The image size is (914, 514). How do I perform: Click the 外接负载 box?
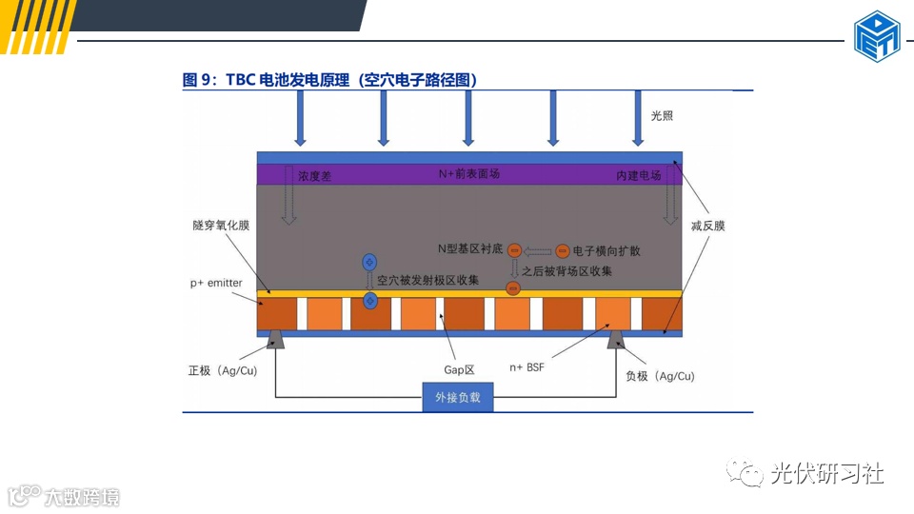(x=458, y=397)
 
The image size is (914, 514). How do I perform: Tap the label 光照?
(x=662, y=115)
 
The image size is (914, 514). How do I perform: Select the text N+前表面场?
(x=468, y=174)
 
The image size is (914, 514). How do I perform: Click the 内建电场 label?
(x=638, y=176)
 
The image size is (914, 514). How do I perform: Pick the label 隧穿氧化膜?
(x=220, y=226)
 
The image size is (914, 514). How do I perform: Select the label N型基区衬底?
(x=469, y=250)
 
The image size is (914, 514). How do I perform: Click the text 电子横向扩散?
(x=606, y=251)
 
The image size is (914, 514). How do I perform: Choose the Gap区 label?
(x=459, y=368)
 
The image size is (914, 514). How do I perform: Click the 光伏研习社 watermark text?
(x=826, y=473)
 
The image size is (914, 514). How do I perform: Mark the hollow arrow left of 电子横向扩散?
(x=539, y=251)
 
